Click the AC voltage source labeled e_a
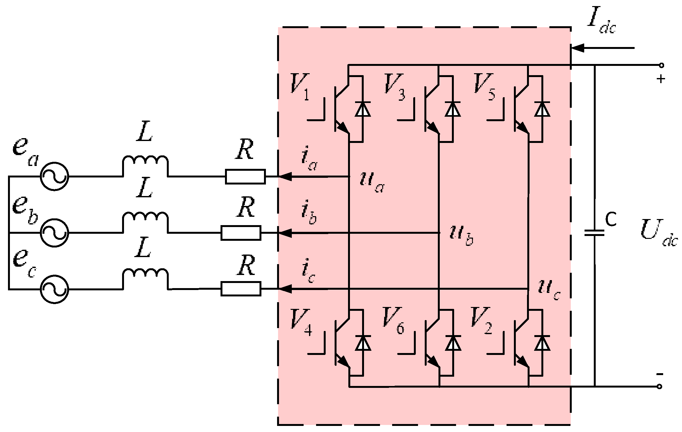point(54,177)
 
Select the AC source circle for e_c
point(54,289)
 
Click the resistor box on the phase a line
point(245,177)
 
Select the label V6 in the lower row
point(393,320)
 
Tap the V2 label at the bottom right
point(481,320)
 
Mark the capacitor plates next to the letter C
point(594,233)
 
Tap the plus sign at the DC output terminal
point(661,79)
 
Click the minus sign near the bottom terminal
point(659,374)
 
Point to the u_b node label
point(461,235)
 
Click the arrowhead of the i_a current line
point(285,177)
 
